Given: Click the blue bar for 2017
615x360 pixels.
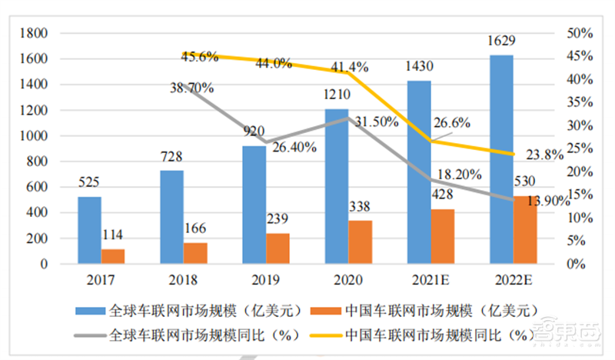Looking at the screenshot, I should [90, 230].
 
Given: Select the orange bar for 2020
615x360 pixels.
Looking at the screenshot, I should [360, 242].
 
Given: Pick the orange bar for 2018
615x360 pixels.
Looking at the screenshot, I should [194, 253].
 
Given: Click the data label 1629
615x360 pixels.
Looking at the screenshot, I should [501, 41].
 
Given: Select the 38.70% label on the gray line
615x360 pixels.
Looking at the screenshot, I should [192, 88].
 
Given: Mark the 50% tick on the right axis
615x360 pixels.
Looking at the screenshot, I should [578, 33].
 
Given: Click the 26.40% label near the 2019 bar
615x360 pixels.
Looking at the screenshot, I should [292, 148].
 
